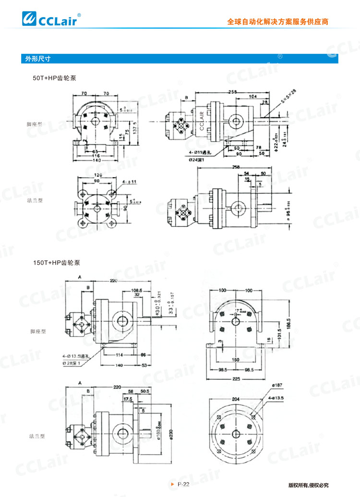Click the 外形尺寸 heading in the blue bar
tap(38, 59)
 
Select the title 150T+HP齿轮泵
tap(57, 263)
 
